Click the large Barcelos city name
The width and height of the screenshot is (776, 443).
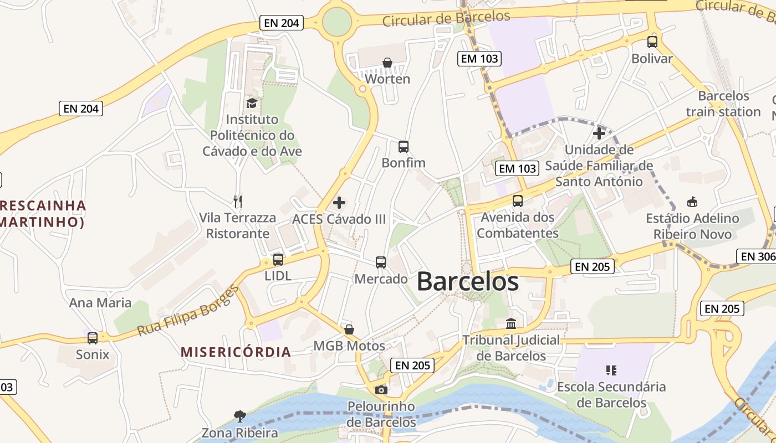click(x=467, y=281)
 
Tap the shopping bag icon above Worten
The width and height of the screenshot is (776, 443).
click(x=387, y=63)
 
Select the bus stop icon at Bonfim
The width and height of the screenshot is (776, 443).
click(x=404, y=147)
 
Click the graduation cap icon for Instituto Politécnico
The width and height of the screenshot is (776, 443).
click(x=252, y=103)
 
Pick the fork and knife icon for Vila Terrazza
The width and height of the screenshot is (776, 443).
click(x=238, y=201)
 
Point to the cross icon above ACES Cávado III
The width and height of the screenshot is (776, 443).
click(x=339, y=203)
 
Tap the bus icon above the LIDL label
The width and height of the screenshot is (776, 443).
click(x=278, y=259)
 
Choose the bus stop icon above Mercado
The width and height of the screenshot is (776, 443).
click(x=381, y=262)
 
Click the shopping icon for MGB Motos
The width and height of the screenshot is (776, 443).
click(x=349, y=329)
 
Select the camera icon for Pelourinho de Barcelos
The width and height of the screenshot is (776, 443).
click(x=381, y=390)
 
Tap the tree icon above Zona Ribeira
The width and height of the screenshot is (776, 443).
click(x=239, y=416)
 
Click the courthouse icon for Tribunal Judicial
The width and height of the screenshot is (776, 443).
click(x=511, y=323)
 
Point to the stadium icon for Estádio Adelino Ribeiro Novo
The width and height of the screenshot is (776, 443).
click(x=692, y=202)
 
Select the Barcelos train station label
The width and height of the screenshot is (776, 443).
click(x=723, y=104)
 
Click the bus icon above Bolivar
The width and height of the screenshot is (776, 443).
click(x=652, y=42)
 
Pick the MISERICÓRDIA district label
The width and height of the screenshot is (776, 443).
click(x=236, y=352)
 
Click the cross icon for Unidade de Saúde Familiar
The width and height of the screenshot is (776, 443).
click(x=599, y=133)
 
